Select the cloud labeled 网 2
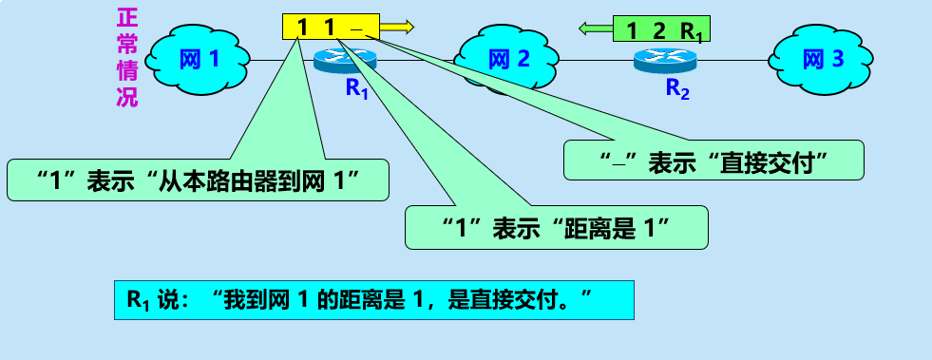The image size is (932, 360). pyautogui.click(x=509, y=60)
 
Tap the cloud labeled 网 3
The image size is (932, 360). pyautogui.click(x=822, y=60)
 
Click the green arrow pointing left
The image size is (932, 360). pyautogui.click(x=596, y=29)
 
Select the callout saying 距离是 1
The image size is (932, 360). pyautogui.click(x=557, y=228)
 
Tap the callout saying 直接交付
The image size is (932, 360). pyautogui.click(x=713, y=161)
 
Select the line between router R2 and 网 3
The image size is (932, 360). pyautogui.click(x=732, y=61)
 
